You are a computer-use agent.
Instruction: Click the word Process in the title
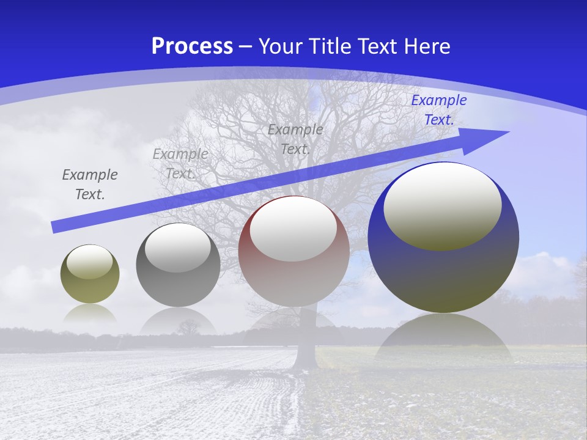coord(192,46)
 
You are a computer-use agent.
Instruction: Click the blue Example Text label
coord(438,110)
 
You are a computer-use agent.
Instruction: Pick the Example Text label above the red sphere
coord(295,139)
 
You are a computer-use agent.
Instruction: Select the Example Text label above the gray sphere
coord(180,164)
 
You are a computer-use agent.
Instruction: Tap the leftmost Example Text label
coord(90,185)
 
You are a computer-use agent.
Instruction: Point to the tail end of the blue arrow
coord(56,227)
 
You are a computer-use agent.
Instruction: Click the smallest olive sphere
coord(90,287)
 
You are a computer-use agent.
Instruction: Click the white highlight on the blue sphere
coord(443,205)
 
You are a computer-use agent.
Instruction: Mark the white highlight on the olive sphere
coord(90,262)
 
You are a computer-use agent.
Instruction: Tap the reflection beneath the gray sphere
coord(178,321)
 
